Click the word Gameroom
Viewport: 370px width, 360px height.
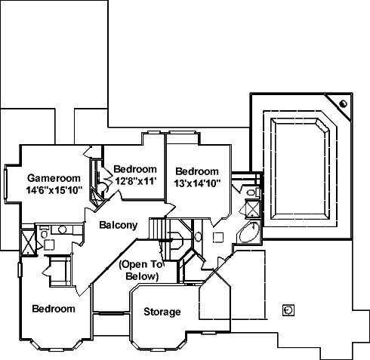click(x=54, y=178)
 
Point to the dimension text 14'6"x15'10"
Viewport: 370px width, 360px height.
click(x=54, y=190)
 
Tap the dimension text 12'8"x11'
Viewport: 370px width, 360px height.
click(x=136, y=181)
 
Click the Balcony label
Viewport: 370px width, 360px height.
click(x=119, y=225)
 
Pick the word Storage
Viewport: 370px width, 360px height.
click(x=162, y=312)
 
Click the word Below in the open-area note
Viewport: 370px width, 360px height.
click(x=142, y=276)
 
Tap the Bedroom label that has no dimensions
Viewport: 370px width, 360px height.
click(x=54, y=309)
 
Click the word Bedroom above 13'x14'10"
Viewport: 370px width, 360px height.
click(x=197, y=171)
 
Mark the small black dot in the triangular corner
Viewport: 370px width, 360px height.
click(x=344, y=103)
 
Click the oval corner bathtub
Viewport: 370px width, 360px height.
click(x=248, y=232)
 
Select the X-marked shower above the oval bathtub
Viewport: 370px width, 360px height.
click(x=252, y=208)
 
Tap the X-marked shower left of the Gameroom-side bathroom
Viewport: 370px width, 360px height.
click(x=28, y=242)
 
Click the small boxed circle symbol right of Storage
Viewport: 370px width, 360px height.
click(x=288, y=310)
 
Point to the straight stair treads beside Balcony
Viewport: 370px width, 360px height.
click(x=157, y=229)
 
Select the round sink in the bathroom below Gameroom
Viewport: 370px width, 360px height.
click(x=62, y=229)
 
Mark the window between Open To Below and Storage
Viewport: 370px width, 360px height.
click(x=111, y=313)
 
